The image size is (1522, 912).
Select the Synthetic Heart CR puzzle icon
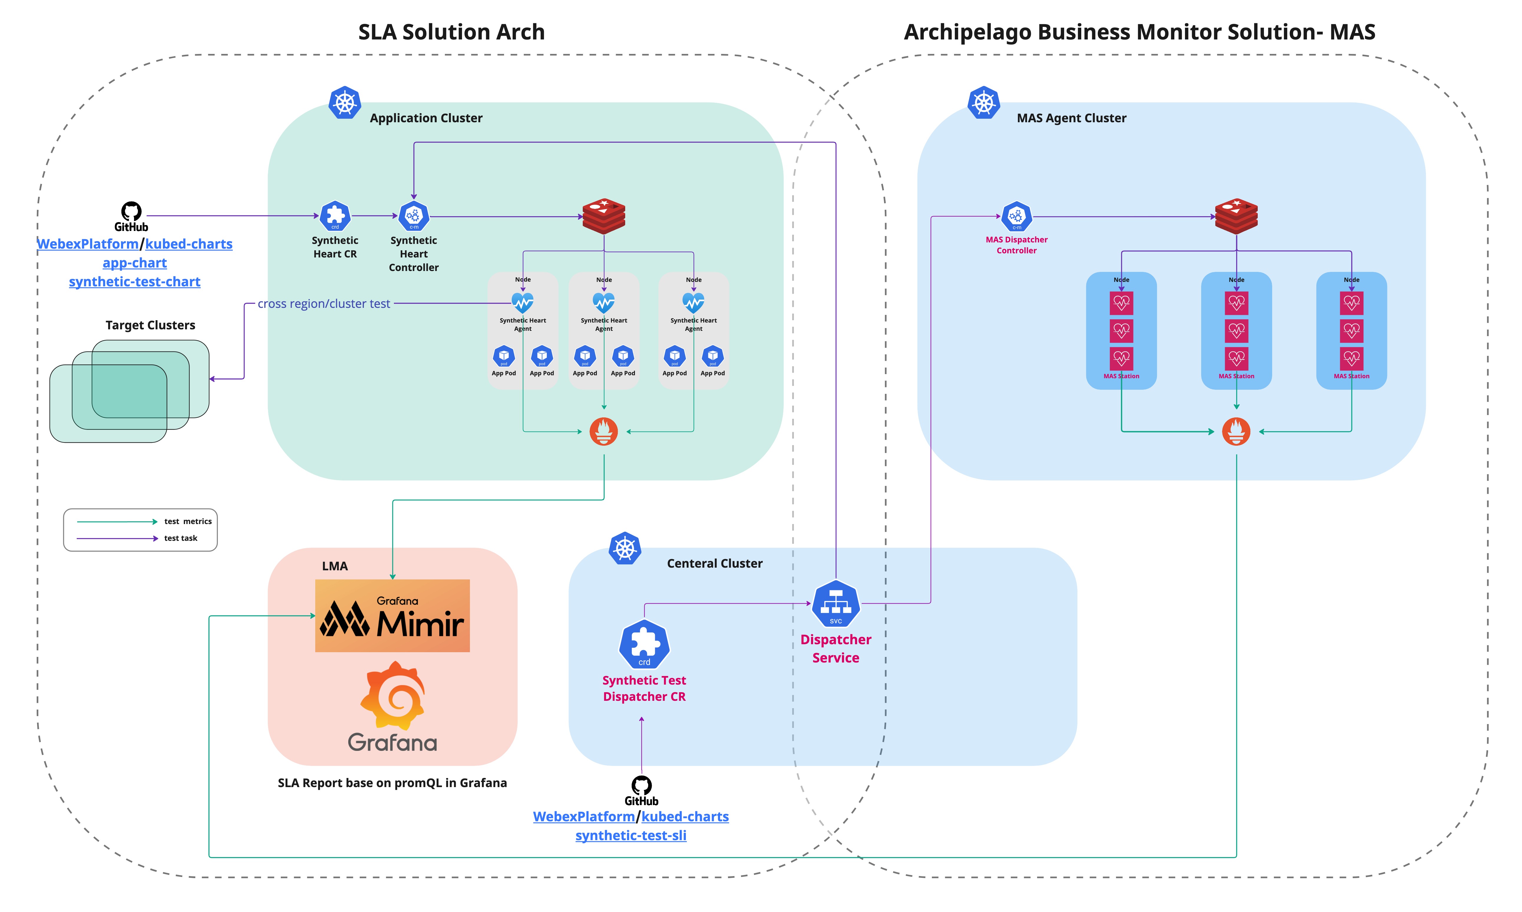[x=335, y=216]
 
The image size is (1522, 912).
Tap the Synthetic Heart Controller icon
[x=414, y=216]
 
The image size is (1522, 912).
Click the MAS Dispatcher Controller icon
[x=1016, y=216]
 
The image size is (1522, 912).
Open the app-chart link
[x=135, y=263]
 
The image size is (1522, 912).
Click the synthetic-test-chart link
[x=135, y=282]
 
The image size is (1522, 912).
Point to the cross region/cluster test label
[x=324, y=304]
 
